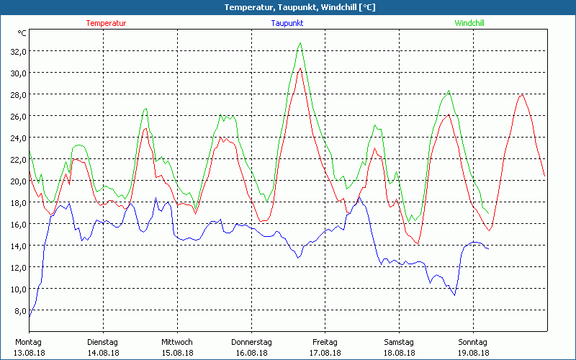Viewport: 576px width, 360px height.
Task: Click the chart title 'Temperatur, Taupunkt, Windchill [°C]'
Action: [289, 7]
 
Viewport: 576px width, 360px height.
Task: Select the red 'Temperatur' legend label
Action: [106, 23]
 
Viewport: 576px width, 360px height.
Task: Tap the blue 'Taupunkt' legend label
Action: [287, 23]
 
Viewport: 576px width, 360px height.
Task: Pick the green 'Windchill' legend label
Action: [469, 23]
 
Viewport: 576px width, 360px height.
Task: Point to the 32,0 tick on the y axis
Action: [17, 51]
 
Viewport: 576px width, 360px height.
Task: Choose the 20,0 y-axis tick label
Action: [17, 181]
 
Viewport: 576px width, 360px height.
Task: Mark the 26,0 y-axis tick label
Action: [17, 116]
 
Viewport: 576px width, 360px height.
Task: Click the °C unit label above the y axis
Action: [22, 33]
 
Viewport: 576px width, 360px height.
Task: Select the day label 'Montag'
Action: [28, 342]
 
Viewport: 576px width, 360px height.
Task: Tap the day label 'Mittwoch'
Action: [176, 342]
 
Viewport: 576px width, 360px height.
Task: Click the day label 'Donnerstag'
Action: [251, 342]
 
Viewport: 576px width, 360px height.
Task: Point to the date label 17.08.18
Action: [325, 353]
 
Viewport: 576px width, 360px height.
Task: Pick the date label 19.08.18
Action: [472, 353]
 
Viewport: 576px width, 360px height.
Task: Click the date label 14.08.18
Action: [102, 353]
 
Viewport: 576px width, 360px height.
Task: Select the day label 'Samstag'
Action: [398, 342]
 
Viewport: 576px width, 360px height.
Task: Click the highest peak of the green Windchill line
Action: [300, 43]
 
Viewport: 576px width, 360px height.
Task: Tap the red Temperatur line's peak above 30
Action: [300, 68]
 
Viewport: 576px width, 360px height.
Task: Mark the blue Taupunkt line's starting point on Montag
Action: [30, 316]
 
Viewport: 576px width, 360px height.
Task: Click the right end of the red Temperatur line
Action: [545, 177]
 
